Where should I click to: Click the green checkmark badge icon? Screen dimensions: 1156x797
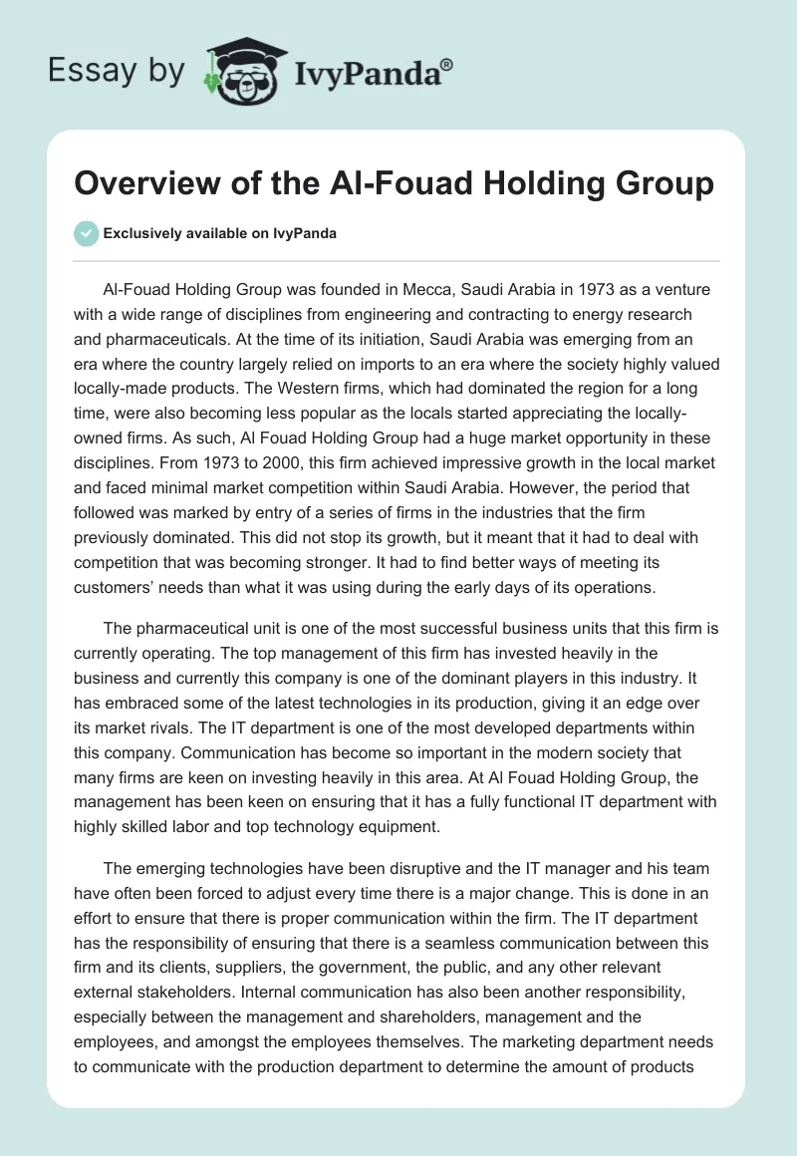(x=86, y=233)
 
